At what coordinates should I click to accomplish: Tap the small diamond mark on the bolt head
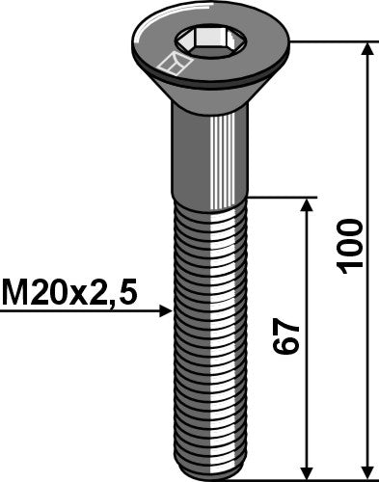click(x=174, y=66)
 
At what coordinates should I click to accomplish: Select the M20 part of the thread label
click(x=38, y=290)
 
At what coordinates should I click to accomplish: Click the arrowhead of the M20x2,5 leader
click(x=166, y=311)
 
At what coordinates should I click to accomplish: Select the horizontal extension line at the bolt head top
click(x=328, y=41)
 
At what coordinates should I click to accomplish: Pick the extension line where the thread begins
click(x=280, y=198)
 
